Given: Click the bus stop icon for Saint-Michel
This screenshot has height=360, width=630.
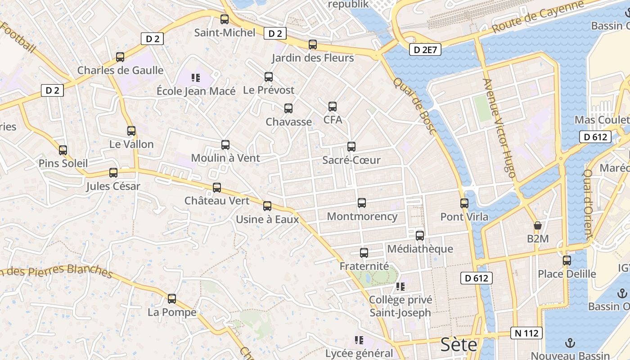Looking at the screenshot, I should click(x=225, y=19).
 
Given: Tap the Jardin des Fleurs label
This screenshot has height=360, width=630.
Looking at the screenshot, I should click(x=313, y=58).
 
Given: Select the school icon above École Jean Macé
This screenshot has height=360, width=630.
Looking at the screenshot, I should click(x=195, y=78).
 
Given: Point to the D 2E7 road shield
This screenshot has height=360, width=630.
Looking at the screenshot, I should click(x=425, y=50).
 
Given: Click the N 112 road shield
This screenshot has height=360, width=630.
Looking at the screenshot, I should click(x=526, y=333).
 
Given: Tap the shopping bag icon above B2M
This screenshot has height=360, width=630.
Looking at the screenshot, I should click(x=537, y=225).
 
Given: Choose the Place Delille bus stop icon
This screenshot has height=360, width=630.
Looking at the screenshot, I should click(x=567, y=260).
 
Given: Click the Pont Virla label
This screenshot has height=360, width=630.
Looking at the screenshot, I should click(x=464, y=217).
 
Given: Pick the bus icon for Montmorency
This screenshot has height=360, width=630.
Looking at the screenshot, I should click(x=362, y=203).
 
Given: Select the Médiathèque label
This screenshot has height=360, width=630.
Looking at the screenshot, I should click(x=420, y=249).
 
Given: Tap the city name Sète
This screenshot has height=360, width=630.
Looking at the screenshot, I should click(x=459, y=345).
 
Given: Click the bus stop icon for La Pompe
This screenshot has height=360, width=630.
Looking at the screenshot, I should click(x=172, y=299).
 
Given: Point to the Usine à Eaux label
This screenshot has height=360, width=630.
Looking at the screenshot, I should click(x=267, y=220).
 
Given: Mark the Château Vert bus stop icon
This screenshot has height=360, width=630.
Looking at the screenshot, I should click(x=217, y=188).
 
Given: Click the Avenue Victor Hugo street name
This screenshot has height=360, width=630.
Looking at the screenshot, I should click(x=499, y=128).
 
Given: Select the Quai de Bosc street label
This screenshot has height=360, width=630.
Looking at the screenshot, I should click(x=414, y=106).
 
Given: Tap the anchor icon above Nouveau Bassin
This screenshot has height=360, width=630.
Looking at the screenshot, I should click(x=570, y=343).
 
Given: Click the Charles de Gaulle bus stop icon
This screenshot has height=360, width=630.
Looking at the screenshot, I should click(x=120, y=57).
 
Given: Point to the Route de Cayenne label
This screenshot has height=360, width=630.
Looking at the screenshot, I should click(x=538, y=17).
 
